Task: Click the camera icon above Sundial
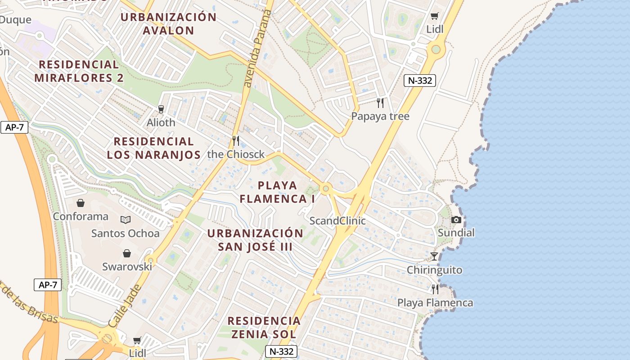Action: click(456, 220)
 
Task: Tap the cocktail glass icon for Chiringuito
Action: click(434, 256)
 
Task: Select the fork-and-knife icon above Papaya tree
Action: click(381, 103)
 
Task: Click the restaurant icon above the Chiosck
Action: click(236, 141)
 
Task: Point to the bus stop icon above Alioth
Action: click(161, 109)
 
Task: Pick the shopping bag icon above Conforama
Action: click(81, 203)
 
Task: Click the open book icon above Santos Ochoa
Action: click(126, 220)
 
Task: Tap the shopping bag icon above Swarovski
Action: click(127, 253)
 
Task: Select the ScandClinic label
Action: click(337, 221)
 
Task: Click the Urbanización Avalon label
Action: click(169, 24)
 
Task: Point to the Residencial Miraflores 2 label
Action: click(79, 71)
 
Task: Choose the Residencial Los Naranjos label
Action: click(153, 148)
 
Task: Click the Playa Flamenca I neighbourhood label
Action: click(277, 192)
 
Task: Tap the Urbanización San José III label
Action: click(255, 240)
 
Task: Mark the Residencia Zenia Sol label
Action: click(264, 327)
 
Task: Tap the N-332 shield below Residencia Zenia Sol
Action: click(281, 351)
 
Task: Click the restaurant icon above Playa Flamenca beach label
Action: click(435, 289)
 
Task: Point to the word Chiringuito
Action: click(434, 270)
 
